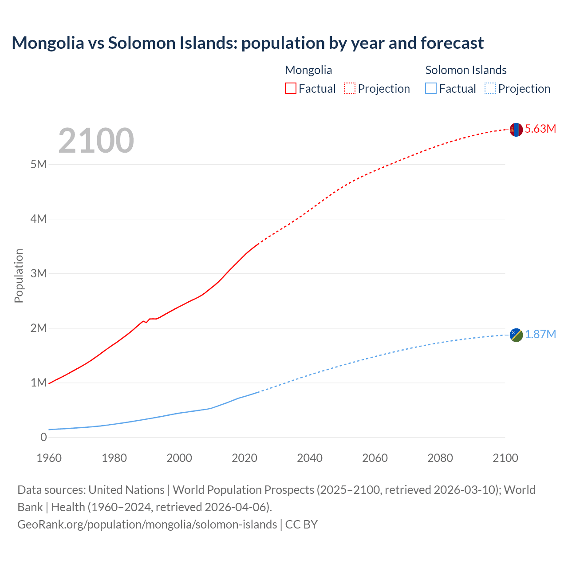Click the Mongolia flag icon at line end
click(x=516, y=130)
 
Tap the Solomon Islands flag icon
click(x=516, y=335)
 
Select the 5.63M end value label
click(x=540, y=129)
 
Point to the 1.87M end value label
click(x=540, y=335)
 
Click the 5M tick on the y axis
click(x=39, y=164)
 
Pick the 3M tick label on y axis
click(x=39, y=273)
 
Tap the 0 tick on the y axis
click(x=43, y=438)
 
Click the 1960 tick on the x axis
click(x=49, y=458)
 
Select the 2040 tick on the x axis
click(x=310, y=458)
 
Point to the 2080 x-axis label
click(x=440, y=458)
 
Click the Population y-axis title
click(x=19, y=276)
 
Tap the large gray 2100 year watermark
click(x=96, y=141)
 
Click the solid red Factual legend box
click(x=290, y=89)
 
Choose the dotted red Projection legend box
click(x=350, y=89)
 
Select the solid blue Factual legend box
click(x=431, y=89)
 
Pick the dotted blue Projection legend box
click(x=490, y=89)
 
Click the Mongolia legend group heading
click(x=308, y=70)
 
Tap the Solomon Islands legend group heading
click(x=466, y=70)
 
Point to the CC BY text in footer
click(x=301, y=525)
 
